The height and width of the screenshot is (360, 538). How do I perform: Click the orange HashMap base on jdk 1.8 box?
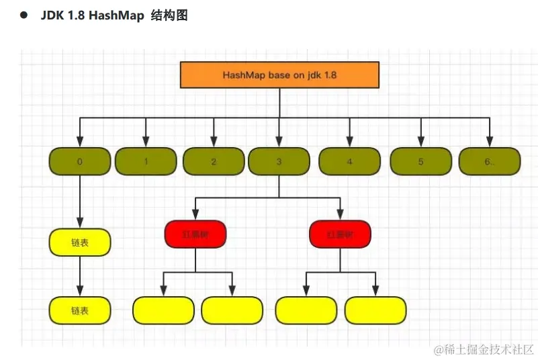(279, 75)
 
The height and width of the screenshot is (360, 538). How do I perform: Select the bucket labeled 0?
(80, 161)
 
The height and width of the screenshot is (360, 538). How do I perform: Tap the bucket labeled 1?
(146, 161)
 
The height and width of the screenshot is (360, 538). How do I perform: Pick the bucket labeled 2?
(214, 161)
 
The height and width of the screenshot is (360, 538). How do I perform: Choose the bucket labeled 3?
(279, 161)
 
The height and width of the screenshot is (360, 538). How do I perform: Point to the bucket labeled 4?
(349, 161)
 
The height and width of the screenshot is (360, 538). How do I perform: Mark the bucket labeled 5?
(420, 161)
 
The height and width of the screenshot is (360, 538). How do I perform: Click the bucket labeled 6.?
(490, 161)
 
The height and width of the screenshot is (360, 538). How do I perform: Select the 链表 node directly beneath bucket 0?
(80, 242)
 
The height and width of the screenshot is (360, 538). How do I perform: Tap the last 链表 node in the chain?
(80, 310)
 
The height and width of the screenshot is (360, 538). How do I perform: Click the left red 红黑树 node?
(195, 234)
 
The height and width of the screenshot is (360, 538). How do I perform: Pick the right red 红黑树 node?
(341, 234)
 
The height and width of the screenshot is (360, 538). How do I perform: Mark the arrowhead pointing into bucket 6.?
(490, 142)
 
